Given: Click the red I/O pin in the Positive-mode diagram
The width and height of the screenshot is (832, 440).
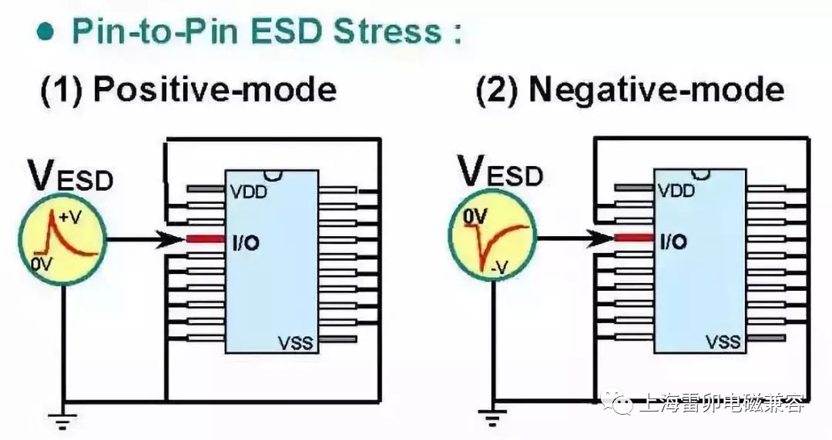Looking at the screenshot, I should (x=206, y=239).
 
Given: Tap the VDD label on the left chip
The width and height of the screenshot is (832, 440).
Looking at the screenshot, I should (x=248, y=191).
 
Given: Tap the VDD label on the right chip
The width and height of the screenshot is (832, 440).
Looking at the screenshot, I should (x=676, y=190).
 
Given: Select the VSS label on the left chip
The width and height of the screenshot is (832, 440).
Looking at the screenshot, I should (x=295, y=342).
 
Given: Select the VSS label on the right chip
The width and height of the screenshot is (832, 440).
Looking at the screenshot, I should (x=723, y=342).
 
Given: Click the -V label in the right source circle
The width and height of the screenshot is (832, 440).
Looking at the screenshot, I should (x=499, y=268).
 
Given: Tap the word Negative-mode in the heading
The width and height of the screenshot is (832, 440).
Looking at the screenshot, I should (x=657, y=90).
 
